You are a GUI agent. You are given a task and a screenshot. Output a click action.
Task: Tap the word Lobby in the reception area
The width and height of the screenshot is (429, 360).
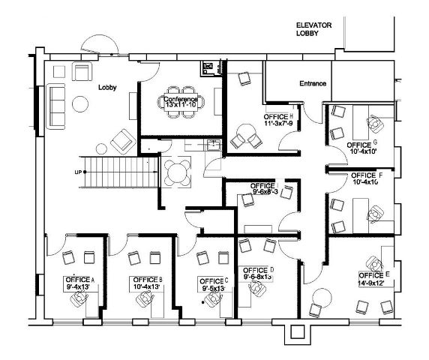108,87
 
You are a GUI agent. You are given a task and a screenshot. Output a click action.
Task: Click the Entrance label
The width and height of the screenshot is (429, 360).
313,83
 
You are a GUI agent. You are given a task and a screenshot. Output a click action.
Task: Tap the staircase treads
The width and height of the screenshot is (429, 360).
120,173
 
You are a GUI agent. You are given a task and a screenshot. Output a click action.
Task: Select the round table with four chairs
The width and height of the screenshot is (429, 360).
178,171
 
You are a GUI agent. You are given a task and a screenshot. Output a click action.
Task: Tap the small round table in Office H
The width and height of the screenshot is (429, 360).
242,138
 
